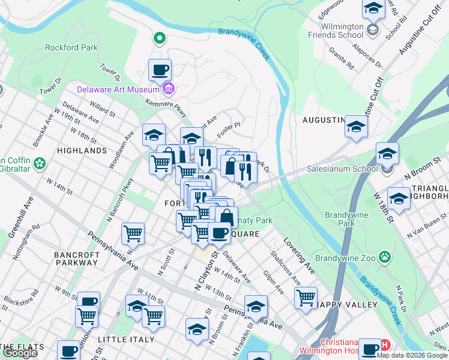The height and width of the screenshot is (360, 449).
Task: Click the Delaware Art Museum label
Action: [x=118, y=90]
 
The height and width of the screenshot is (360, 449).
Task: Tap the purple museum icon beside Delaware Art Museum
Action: [x=169, y=90]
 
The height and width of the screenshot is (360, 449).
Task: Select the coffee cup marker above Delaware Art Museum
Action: [x=160, y=70]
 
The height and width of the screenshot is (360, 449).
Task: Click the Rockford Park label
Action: [x=71, y=47]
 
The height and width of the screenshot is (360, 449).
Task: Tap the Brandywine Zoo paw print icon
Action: [x=385, y=257]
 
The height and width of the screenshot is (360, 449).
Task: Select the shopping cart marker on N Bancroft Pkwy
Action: [x=133, y=234]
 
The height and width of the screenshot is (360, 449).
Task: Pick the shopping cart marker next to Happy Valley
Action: [x=306, y=297]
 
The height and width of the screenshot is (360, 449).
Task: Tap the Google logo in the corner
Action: [x=19, y=353]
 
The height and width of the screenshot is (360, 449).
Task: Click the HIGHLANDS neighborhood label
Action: [x=82, y=151]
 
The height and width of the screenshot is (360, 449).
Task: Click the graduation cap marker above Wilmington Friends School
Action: [x=373, y=9]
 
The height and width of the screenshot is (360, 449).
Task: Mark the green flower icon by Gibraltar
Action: [x=40, y=163]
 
